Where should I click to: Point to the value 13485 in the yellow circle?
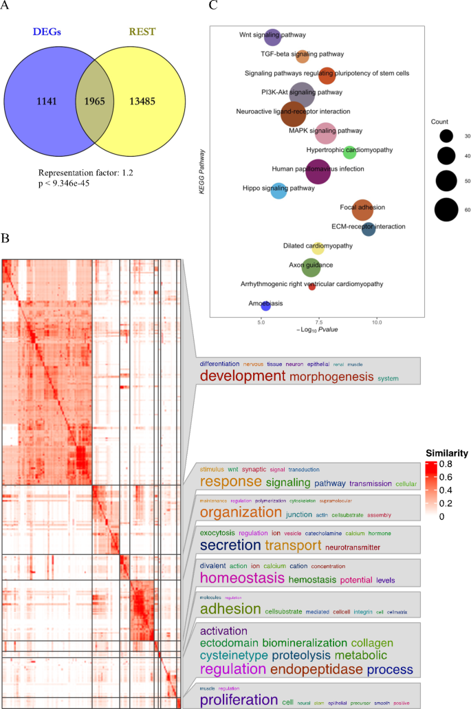coord(148,102)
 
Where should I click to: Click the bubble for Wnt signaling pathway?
coord(273,37)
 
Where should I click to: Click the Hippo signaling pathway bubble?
coord(278,191)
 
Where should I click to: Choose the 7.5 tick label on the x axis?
coord(318,322)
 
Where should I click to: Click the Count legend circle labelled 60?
coord(446,210)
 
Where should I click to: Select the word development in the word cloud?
coord(242,376)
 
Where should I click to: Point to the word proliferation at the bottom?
coord(239,700)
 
